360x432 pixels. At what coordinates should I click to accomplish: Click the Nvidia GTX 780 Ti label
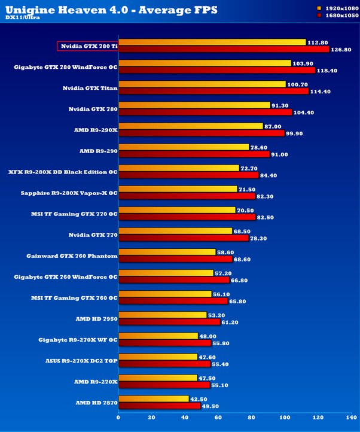tap(87, 46)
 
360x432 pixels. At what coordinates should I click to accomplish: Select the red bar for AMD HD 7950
tap(169, 321)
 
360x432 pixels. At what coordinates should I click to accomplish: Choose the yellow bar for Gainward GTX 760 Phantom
tap(167, 252)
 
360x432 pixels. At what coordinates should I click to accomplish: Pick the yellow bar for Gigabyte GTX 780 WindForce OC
tap(205, 63)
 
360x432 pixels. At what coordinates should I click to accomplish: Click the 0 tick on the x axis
tap(118, 418)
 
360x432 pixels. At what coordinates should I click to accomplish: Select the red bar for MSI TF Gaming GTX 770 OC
tap(187, 217)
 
